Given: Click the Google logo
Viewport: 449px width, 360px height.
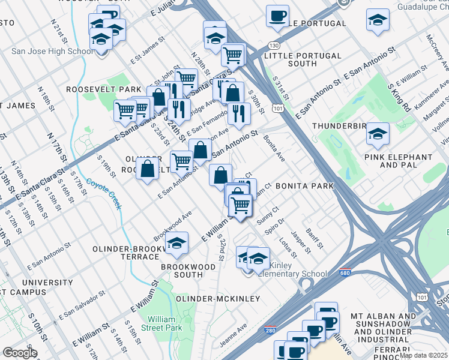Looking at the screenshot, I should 20,353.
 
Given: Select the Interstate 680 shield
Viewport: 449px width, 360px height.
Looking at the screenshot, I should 345,272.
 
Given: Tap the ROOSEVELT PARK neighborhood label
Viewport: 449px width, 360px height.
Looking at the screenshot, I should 103,89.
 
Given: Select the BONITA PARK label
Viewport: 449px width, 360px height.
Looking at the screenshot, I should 304,186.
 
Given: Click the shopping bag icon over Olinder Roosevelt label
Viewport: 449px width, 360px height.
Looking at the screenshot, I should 148,169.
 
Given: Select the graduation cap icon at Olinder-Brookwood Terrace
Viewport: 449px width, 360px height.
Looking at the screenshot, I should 176,243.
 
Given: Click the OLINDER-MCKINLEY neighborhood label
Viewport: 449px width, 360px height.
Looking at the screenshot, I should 217,298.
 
